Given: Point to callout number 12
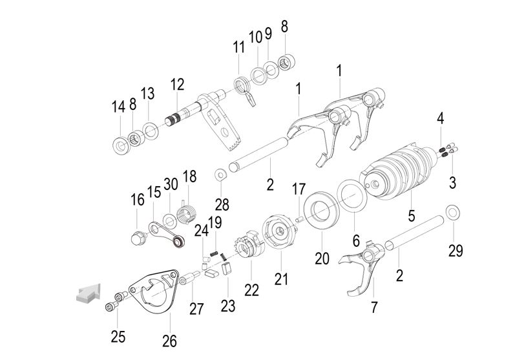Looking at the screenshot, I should [177, 84].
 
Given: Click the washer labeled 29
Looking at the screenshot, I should [453, 211].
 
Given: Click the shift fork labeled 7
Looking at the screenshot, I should [363, 266].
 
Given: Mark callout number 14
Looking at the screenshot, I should [118, 107].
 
